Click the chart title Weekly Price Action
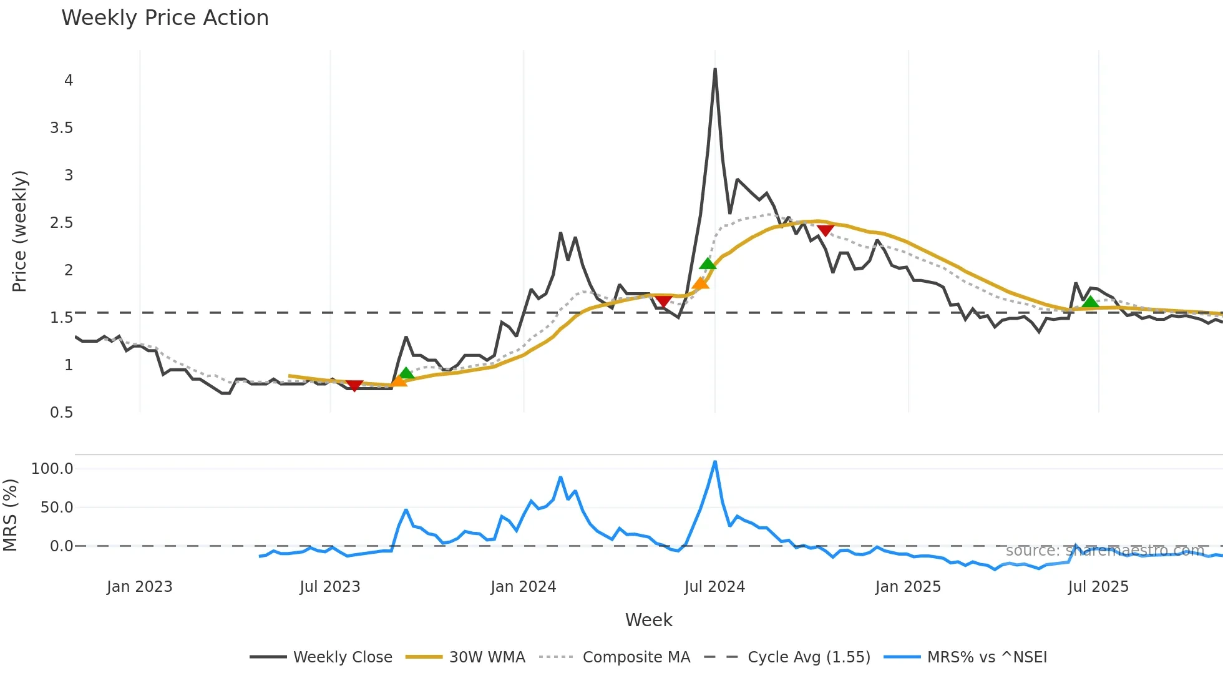(x=165, y=18)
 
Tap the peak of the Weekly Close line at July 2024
(x=715, y=69)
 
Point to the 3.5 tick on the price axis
(x=61, y=128)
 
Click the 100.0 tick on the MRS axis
(x=52, y=469)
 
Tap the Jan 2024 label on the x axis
(x=523, y=587)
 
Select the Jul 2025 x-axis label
(x=1098, y=587)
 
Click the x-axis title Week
(x=648, y=620)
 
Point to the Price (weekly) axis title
(x=19, y=231)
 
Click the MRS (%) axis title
(x=10, y=515)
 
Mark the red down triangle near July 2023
(x=354, y=386)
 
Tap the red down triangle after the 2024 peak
(x=826, y=230)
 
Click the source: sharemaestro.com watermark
(x=1104, y=551)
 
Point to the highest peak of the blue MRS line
(x=715, y=462)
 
